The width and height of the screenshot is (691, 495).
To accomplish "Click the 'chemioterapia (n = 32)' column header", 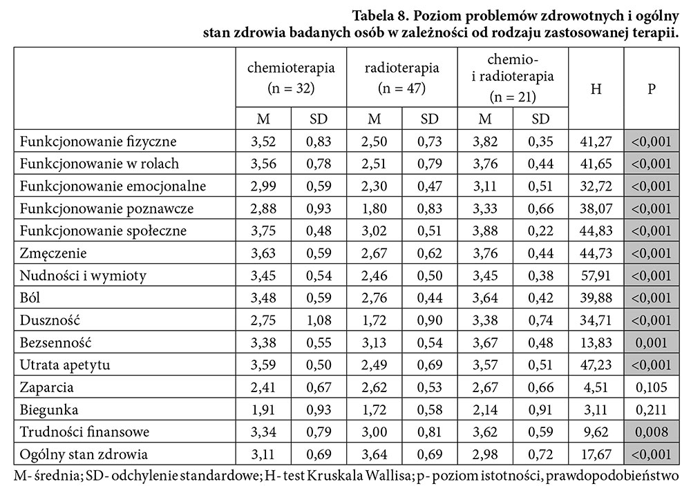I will click(291, 78).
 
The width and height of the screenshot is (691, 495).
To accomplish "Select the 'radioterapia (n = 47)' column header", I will click(401, 78).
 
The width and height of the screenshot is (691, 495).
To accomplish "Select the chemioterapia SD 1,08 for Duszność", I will click(319, 320).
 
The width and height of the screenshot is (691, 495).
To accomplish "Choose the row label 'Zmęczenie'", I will click(54, 253).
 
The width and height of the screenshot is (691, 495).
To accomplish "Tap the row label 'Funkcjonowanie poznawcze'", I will click(106, 208).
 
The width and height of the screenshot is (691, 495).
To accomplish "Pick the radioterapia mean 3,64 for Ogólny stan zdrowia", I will click(374, 454).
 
